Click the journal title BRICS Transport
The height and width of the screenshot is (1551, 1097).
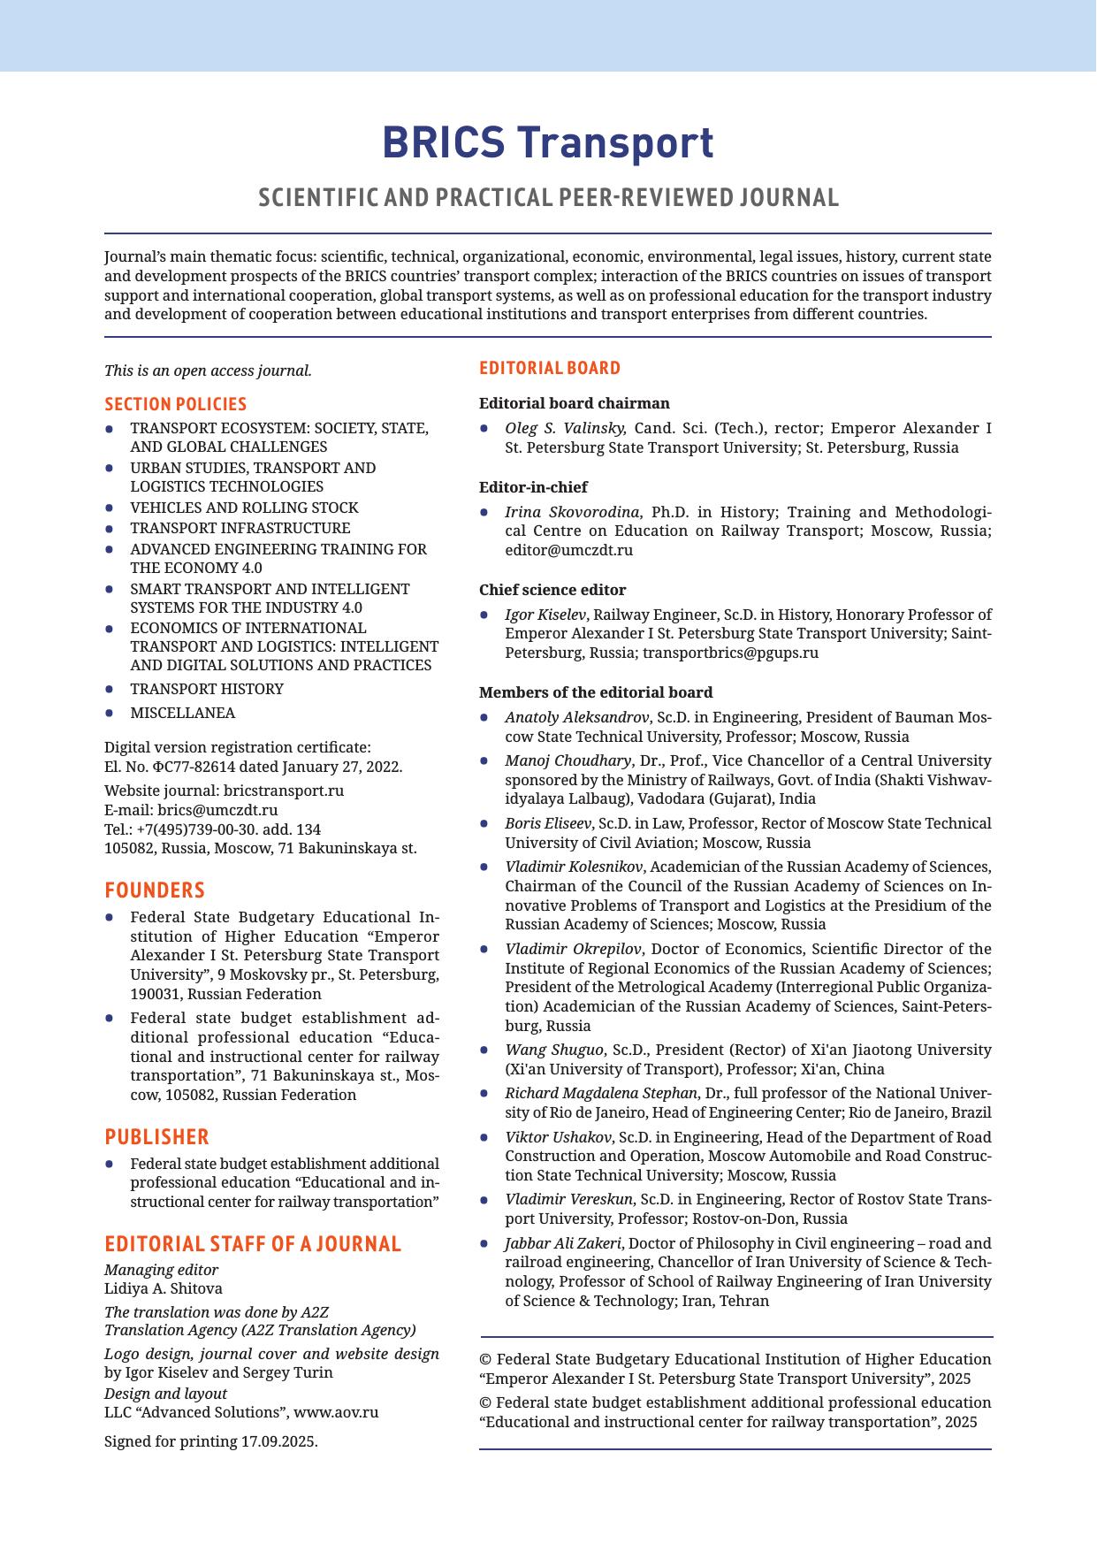pyautogui.click(x=548, y=143)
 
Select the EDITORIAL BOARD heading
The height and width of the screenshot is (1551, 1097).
pyautogui.click(x=550, y=368)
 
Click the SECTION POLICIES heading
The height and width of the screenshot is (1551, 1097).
pyautogui.click(x=175, y=404)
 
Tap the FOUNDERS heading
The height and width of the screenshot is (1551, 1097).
pyautogui.click(x=155, y=890)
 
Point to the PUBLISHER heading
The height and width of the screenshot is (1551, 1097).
pyautogui.click(x=156, y=1136)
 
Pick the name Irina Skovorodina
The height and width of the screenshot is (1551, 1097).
pyautogui.click(x=574, y=512)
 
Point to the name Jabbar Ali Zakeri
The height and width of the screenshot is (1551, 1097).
pyautogui.click(x=562, y=1242)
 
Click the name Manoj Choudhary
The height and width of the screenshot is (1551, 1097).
pyautogui.click(x=568, y=760)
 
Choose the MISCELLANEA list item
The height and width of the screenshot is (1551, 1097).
pyautogui.click(x=183, y=713)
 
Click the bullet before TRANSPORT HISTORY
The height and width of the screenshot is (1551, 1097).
pyautogui.click(x=110, y=689)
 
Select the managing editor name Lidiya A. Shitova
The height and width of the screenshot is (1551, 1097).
pyautogui.click(x=164, y=1288)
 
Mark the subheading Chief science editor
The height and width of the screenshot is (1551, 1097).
pyautogui.click(x=552, y=590)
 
